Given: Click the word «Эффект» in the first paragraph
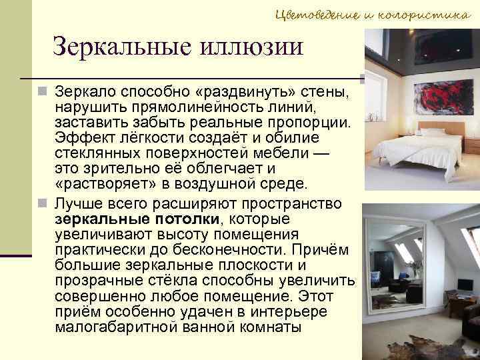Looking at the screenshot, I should click(79, 138).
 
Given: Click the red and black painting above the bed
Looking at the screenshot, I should click(433, 99).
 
